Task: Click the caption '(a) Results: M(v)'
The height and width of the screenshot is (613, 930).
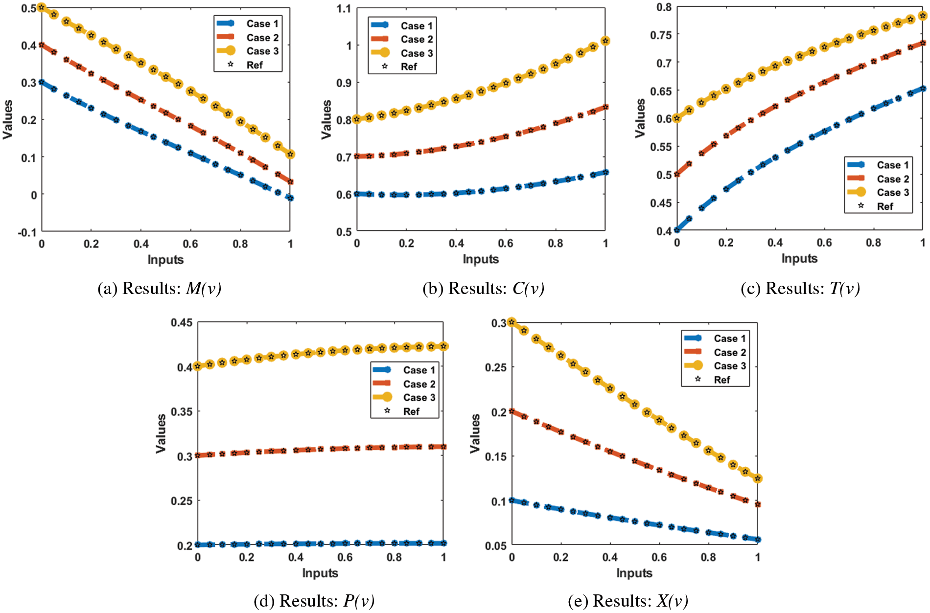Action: (x=160, y=289)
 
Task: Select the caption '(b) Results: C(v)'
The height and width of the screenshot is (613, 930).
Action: (x=483, y=289)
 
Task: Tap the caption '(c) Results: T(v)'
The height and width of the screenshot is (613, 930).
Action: (x=800, y=289)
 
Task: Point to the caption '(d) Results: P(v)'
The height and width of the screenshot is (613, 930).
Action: (x=314, y=601)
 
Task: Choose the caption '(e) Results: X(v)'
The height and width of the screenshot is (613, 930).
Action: (x=628, y=601)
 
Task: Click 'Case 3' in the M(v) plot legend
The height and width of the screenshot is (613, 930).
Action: (x=262, y=51)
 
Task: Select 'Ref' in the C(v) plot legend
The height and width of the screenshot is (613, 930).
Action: (x=409, y=67)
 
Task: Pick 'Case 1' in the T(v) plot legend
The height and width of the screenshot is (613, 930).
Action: (x=892, y=165)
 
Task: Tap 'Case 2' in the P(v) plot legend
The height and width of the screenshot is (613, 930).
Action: (x=419, y=384)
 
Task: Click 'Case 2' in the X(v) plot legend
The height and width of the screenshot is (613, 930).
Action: (x=729, y=352)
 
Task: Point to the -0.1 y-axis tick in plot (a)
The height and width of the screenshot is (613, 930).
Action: (x=27, y=232)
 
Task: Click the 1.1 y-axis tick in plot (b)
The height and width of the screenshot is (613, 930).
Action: (x=344, y=8)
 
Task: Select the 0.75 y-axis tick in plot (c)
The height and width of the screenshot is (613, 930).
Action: (x=661, y=35)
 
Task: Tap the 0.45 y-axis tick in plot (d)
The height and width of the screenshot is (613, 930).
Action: (x=181, y=322)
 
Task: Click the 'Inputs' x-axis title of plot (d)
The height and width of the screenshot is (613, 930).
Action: (x=320, y=573)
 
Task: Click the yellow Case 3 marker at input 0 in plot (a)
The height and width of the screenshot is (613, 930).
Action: (x=42, y=7)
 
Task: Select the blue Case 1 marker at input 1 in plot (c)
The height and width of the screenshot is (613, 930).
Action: (x=923, y=89)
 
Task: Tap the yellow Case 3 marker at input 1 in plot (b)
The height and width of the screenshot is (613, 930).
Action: (x=605, y=41)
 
